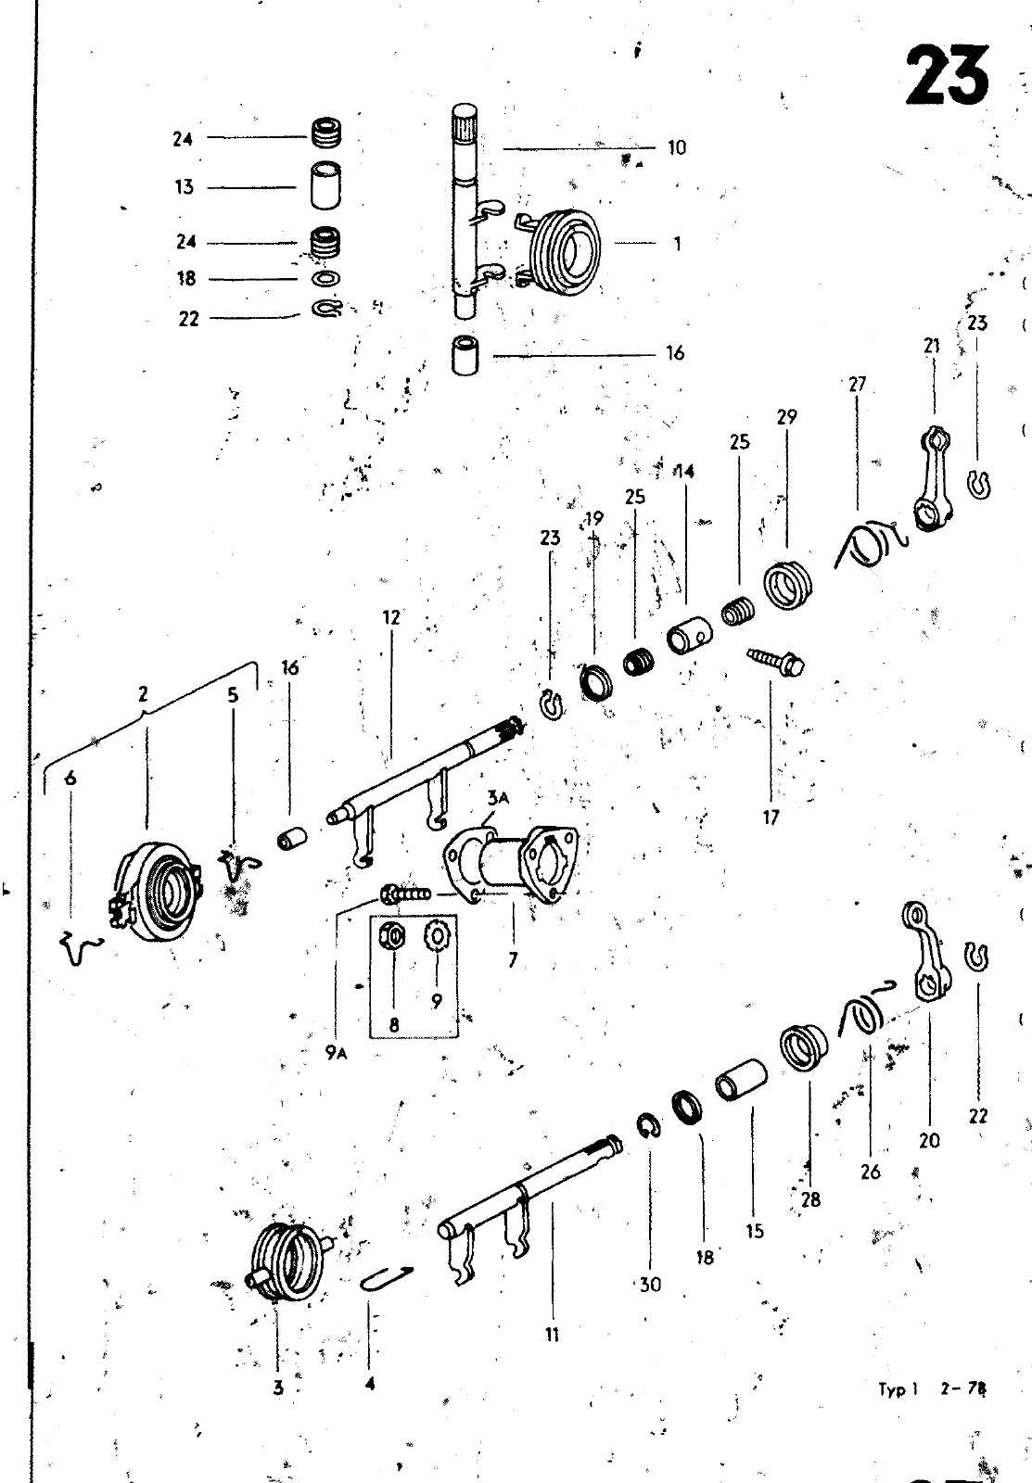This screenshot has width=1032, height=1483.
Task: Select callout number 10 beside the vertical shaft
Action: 677,147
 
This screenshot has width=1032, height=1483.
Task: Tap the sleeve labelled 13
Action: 325,187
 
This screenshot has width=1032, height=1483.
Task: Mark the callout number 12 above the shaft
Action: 392,616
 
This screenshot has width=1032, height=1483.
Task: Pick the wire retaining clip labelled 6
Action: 81,946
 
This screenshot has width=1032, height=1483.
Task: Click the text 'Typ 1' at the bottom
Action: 898,1389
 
